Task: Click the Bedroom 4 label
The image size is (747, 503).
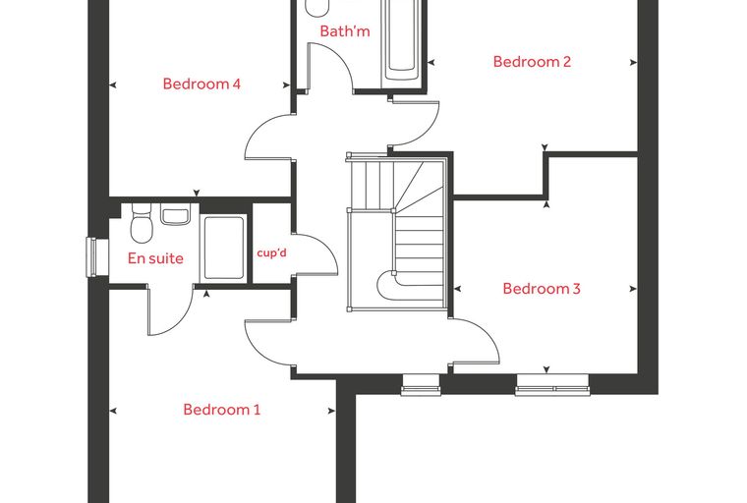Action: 201,84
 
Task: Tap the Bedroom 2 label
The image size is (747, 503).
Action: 532,62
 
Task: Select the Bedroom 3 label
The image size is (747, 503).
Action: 542,289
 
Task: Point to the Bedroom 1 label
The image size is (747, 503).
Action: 222,410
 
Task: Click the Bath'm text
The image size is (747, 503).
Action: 345,31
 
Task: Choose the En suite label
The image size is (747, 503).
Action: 155,258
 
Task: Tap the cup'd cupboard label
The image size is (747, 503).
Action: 272,252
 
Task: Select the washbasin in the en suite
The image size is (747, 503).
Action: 175,214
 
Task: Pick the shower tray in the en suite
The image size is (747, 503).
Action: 223,248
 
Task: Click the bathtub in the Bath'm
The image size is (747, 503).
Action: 403,43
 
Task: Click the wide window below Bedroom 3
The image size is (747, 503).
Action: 552,385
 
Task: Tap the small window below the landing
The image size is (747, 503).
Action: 421,385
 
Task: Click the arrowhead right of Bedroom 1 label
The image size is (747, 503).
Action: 332,411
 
